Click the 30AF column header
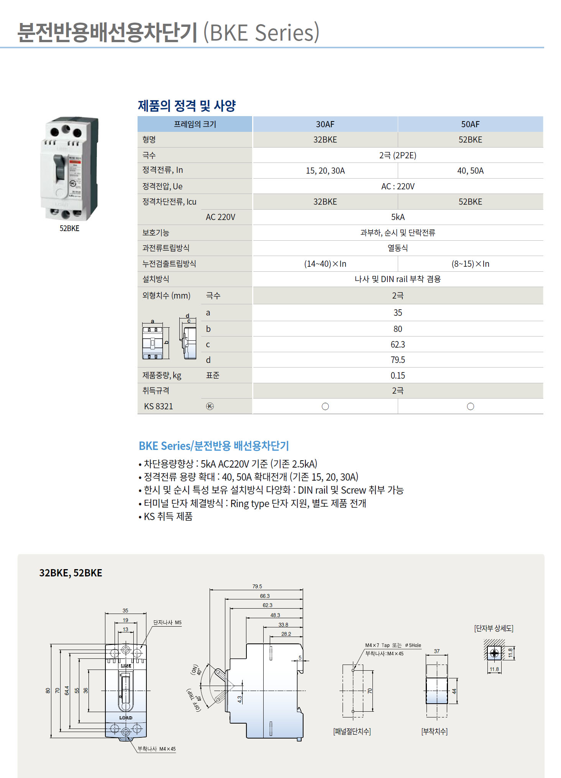click(325, 124)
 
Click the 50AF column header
click(470, 124)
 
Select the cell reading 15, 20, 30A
click(325, 171)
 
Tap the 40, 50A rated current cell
click(470, 171)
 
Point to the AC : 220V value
click(398, 186)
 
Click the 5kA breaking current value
click(398, 217)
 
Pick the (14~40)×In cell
click(325, 264)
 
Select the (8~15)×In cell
click(470, 264)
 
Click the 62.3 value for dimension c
click(398, 345)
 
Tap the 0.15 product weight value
click(398, 376)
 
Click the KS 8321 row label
click(158, 406)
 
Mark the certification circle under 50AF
click(470, 406)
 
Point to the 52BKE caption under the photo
click(69, 228)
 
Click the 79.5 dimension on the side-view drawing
click(257, 586)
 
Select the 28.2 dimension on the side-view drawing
click(286, 634)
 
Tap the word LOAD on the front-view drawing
click(126, 718)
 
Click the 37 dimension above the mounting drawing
click(437, 651)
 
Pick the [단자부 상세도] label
click(494, 629)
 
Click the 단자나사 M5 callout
click(167, 622)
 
